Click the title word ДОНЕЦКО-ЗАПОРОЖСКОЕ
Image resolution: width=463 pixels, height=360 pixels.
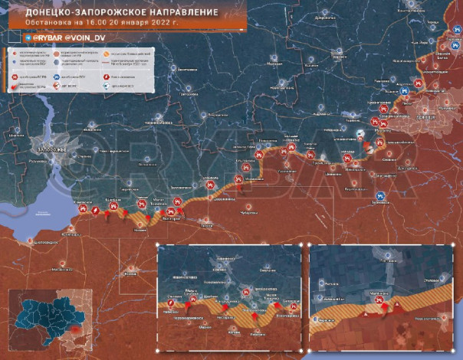(x=72, y=13)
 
